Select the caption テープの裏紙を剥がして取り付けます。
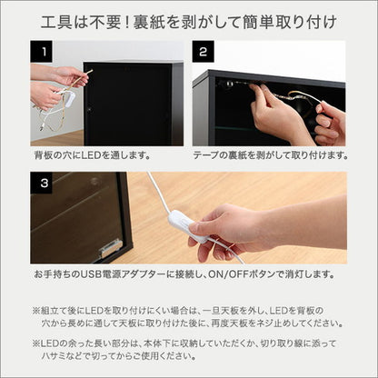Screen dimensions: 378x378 (x=270, y=155)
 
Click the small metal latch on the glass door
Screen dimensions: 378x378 (x=111, y=245)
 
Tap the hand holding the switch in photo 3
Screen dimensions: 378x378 (x=236, y=227)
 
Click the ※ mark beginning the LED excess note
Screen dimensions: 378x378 (x=35, y=341)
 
